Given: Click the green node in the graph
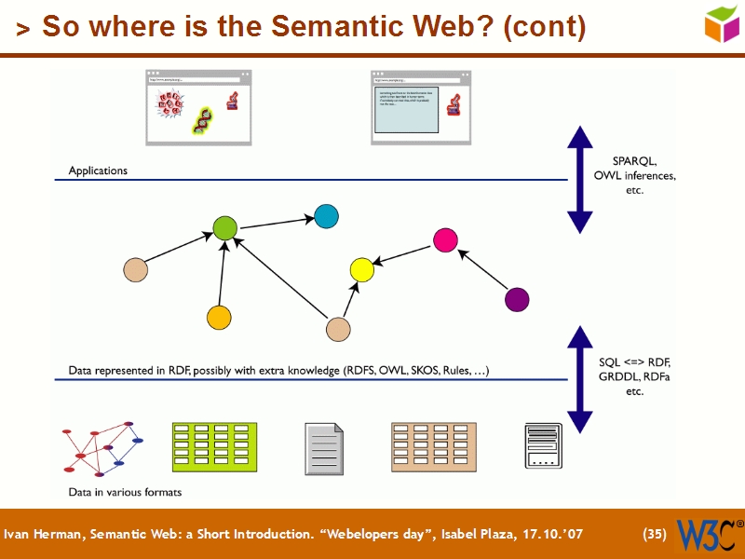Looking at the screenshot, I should click(x=225, y=227).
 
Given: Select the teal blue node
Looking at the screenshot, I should click(x=326, y=216).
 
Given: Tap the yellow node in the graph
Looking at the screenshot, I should click(x=361, y=270).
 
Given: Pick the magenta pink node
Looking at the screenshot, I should click(x=445, y=239).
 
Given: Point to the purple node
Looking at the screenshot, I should click(x=516, y=299).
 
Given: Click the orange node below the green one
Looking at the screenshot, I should click(x=219, y=318).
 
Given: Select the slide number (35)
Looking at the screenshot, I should click(x=655, y=535).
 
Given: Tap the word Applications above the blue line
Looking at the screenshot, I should click(x=98, y=171).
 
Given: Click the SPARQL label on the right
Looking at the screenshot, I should click(x=634, y=160).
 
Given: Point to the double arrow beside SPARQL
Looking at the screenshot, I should click(x=580, y=178).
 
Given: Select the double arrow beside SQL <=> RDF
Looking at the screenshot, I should click(x=580, y=379).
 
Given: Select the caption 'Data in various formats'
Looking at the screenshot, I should click(x=125, y=492).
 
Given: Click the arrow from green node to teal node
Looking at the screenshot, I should click(x=277, y=222).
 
